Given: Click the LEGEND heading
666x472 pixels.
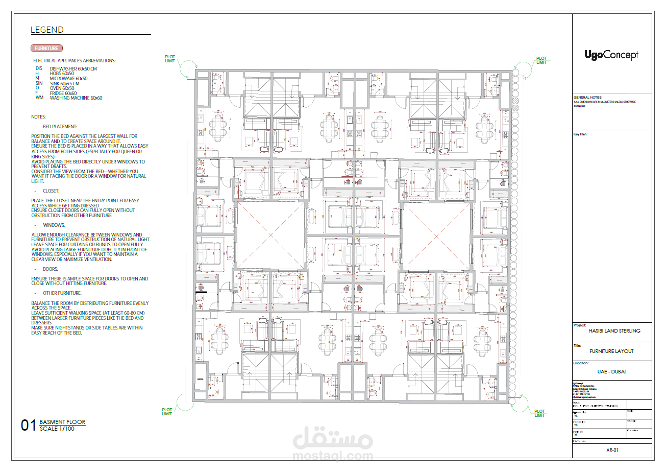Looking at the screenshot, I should coord(47,30).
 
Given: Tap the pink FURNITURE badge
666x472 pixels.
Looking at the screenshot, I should coord(47,49).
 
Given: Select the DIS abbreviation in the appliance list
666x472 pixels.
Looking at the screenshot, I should coord(39,68).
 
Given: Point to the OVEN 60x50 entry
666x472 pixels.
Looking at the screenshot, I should coord(62,88).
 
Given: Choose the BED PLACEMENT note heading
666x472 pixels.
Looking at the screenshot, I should coord(60,126).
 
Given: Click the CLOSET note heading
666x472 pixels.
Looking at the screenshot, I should coord(51,191).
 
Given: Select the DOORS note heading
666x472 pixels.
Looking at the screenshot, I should coord(51,269).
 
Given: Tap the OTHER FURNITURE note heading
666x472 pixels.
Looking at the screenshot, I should coord(62,293).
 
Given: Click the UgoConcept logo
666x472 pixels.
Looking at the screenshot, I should coord(611,55).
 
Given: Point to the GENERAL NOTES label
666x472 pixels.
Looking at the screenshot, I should coord(588,97).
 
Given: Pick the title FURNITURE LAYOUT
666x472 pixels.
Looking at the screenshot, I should coord(611,351).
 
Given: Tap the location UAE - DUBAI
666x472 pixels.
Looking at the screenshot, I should coord(611,371).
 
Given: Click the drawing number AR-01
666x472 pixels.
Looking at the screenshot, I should coord(612,451).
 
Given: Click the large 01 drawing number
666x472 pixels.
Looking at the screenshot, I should coord(28,426).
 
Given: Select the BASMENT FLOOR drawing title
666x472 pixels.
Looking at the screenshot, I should coord(62,422).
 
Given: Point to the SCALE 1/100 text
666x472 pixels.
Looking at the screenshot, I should coord(57,429).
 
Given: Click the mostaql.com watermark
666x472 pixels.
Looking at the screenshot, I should coord(333,456).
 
